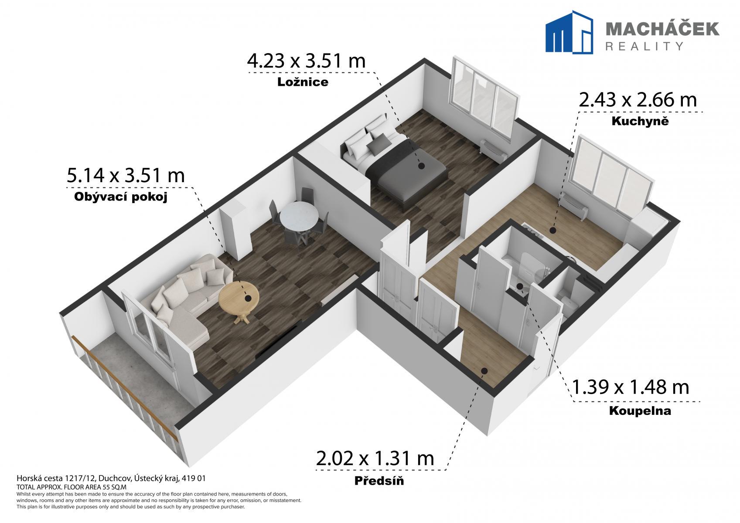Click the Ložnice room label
(x=303, y=82)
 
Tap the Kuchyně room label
(x=640, y=121)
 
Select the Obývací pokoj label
(x=121, y=197)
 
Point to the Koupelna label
(x=640, y=411)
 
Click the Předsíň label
(x=379, y=481)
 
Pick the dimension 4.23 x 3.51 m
(x=306, y=61)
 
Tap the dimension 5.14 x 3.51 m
(x=126, y=175)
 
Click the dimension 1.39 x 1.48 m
(x=630, y=387)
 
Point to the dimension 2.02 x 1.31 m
(x=375, y=458)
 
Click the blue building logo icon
(x=569, y=32)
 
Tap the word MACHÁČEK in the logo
(x=662, y=29)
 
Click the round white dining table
(x=299, y=218)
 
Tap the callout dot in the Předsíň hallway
(x=484, y=371)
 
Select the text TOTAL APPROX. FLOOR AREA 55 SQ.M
(x=72, y=487)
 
